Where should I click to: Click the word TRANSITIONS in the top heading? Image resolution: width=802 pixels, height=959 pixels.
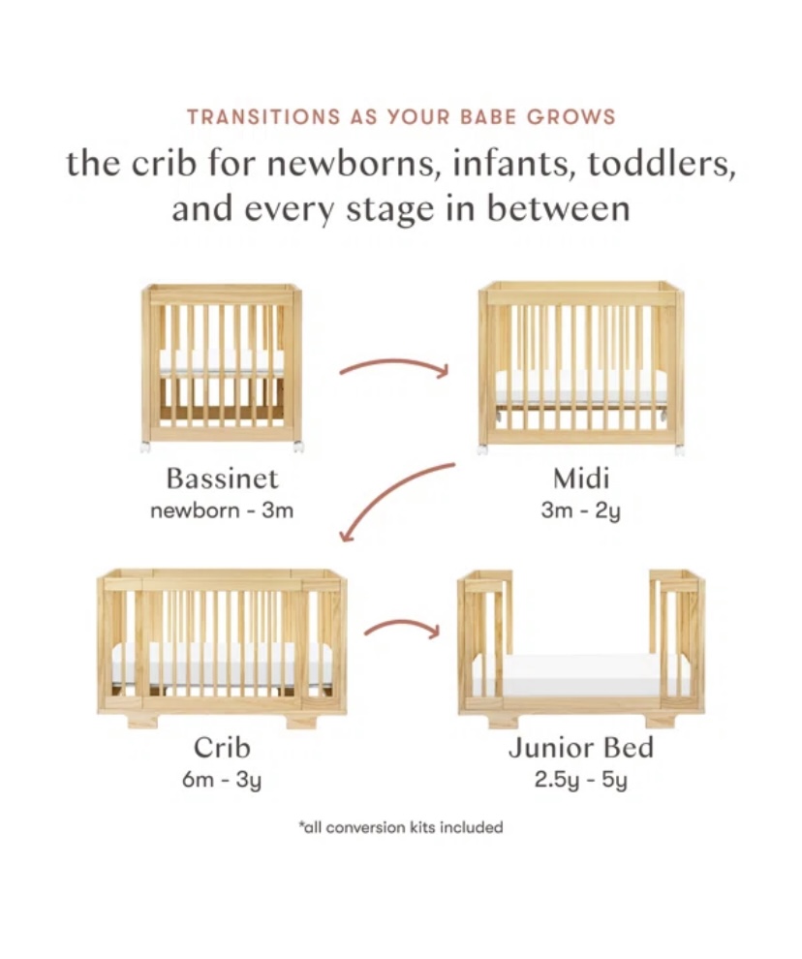click(x=263, y=116)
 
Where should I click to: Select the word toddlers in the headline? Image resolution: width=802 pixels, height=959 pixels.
click(x=662, y=164)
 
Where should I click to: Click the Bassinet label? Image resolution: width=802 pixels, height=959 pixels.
click(x=222, y=479)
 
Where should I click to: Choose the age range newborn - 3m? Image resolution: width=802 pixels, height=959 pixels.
click(x=222, y=510)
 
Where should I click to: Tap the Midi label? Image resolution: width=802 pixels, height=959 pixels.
click(x=580, y=479)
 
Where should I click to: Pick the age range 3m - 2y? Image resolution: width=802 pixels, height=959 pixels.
click(x=580, y=510)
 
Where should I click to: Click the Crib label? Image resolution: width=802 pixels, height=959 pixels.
click(x=222, y=748)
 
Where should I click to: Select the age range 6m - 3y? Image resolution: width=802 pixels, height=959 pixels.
click(x=222, y=780)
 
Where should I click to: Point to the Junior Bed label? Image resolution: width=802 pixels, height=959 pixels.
click(x=580, y=748)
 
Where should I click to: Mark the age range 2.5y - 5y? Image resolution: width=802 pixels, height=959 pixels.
click(x=580, y=780)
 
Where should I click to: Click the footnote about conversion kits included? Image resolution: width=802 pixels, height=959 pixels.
click(x=401, y=827)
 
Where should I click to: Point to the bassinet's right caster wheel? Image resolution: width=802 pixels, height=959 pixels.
click(x=298, y=446)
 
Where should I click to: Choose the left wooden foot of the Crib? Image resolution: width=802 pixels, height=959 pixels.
click(x=143, y=722)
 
